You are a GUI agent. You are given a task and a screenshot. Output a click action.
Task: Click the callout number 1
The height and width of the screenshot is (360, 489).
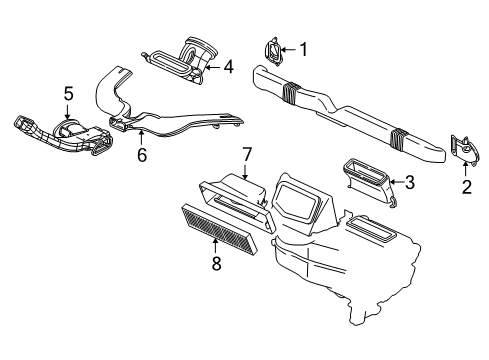click(305, 49)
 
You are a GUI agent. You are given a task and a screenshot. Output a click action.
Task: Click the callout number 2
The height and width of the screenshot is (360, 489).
click(464, 185)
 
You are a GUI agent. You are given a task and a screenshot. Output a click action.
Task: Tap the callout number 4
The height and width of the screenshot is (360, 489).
click(229, 68)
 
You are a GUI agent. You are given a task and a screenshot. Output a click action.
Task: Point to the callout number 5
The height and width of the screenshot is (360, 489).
click(68, 93)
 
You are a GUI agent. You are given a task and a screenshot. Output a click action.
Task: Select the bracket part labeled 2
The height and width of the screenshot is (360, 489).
click(462, 148)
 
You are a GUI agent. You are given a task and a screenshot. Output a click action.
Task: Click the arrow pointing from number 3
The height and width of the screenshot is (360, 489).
click(396, 181)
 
